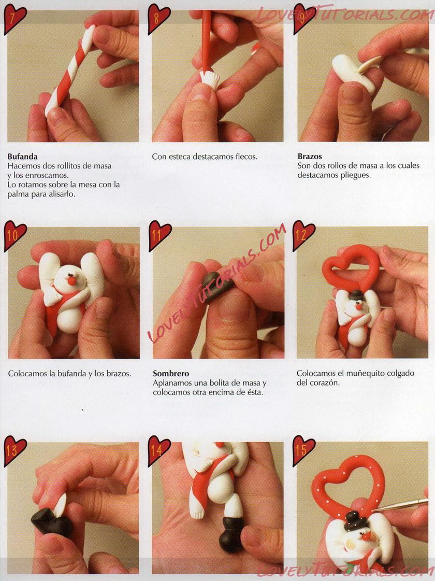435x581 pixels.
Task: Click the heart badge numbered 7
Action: (x=15, y=19)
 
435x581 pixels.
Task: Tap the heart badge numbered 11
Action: (x=160, y=235)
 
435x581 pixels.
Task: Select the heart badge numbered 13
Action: (x=15, y=450)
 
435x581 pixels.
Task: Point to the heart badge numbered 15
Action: (x=303, y=450)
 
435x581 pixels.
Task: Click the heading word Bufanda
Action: (x=22, y=157)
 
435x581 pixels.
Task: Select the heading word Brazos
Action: (x=310, y=157)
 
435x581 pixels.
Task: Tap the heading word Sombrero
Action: (x=171, y=374)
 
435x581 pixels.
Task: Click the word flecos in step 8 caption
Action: (x=246, y=157)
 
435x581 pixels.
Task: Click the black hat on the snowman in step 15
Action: (x=354, y=520)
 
